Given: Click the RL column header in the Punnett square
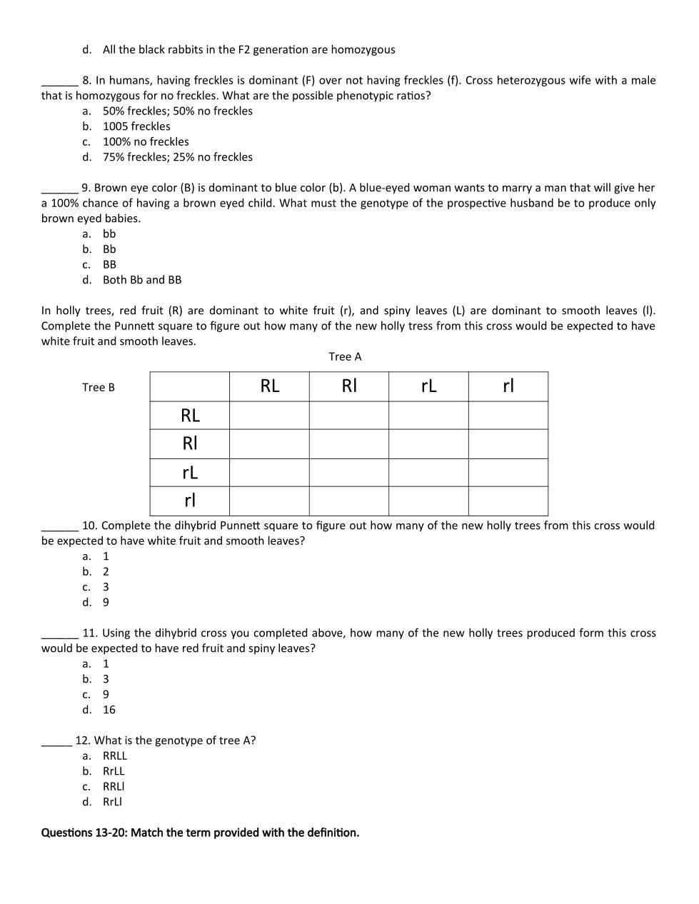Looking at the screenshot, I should point(269,386).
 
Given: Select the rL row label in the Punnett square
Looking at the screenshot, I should point(190,472).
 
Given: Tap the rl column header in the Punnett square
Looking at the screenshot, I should point(508,386).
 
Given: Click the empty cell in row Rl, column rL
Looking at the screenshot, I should point(428,443).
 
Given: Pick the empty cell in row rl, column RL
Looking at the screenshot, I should point(269,501).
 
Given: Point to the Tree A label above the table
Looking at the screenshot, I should point(345,356).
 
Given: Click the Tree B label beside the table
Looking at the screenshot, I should point(99,387).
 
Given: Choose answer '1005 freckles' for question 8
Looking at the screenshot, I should point(136,126).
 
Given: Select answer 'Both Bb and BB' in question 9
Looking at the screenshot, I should point(142,280).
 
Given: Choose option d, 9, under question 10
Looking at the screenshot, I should point(106,602).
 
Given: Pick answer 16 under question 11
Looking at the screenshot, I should point(109,710).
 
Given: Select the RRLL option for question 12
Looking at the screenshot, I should point(115,755).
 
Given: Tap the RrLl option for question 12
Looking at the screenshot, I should point(112,801).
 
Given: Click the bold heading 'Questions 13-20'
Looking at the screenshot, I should point(200,833).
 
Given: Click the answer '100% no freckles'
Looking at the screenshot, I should point(146,141).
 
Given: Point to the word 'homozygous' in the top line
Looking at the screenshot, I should point(362,49).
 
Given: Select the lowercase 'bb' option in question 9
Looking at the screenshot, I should point(109,233).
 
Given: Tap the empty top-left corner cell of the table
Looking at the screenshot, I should point(190,386).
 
